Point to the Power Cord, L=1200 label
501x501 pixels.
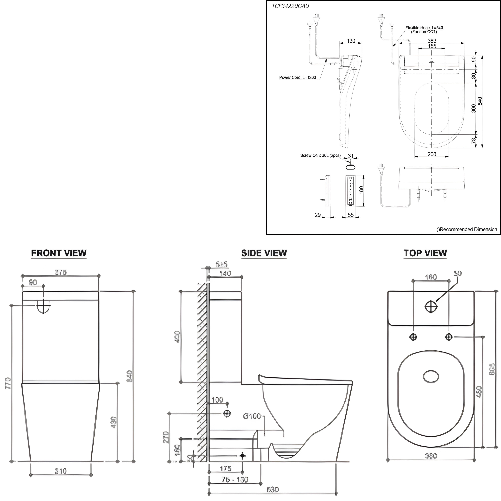click(297, 77)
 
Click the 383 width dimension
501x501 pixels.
click(432, 41)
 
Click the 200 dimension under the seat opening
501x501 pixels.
click(432, 154)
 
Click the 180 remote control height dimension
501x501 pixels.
click(361, 190)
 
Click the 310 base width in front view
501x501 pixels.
click(61, 471)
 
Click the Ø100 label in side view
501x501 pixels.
click(252, 416)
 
